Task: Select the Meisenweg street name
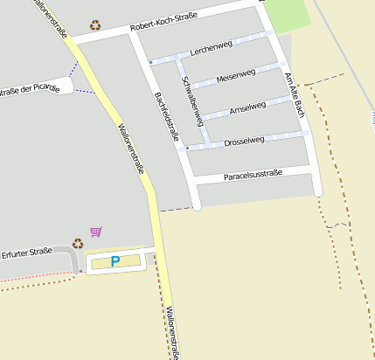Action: [x=235, y=75]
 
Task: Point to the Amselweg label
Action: [x=247, y=108]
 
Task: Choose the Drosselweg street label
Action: [x=244, y=140]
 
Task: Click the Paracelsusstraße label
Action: [x=253, y=175]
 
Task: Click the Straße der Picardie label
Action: [x=31, y=89]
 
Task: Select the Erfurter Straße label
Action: [x=27, y=253]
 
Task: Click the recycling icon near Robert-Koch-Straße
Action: [x=94, y=25]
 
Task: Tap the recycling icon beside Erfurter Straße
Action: [x=78, y=244]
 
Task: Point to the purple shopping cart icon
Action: [x=96, y=232]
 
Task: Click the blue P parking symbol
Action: [x=116, y=261]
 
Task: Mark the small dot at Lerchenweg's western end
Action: [x=150, y=63]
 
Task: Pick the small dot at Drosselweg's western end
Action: [x=187, y=149]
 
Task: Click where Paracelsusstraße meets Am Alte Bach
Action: [x=314, y=170]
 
